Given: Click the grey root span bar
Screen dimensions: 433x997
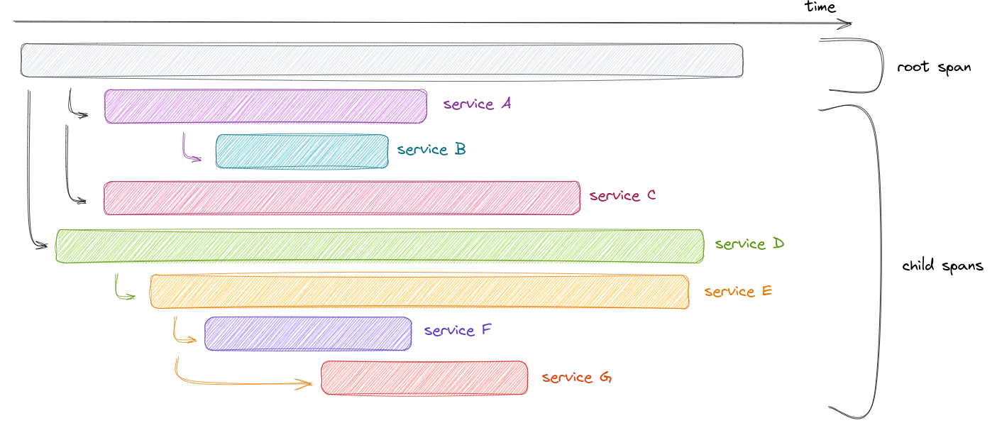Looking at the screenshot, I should point(382,60).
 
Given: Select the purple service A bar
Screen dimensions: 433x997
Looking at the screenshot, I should point(265,106).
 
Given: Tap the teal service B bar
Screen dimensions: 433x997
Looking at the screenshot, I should point(302,151).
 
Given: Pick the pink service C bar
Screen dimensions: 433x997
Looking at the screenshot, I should point(341,198).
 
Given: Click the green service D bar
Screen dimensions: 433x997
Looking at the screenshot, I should point(380,246).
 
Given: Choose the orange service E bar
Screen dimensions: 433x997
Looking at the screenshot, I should point(419,292).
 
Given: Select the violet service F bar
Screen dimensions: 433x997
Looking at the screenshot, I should point(308,334).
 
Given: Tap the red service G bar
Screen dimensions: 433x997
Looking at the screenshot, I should point(424,378).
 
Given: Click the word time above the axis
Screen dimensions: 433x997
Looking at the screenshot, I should point(820,7).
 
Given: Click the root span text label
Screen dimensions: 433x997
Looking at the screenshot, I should point(933,68).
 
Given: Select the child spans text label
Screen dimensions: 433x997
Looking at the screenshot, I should point(942,266).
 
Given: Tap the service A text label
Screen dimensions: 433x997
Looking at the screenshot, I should point(477,104).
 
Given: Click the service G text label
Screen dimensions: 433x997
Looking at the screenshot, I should point(576,378).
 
